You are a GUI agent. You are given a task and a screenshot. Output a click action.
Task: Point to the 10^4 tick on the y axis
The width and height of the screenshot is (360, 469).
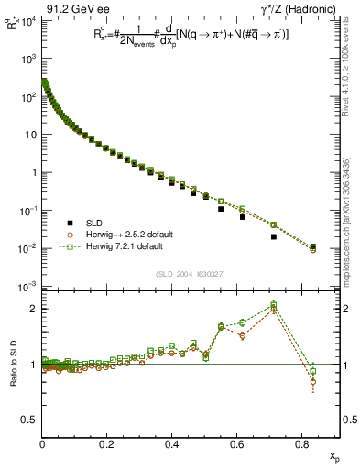point(26,20)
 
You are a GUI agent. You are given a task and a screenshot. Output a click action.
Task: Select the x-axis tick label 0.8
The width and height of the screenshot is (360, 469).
point(302,444)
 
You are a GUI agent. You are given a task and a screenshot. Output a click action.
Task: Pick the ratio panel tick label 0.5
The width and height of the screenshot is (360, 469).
point(28,420)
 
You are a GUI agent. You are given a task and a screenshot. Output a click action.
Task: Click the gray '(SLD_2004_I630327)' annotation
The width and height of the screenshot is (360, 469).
point(191,274)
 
